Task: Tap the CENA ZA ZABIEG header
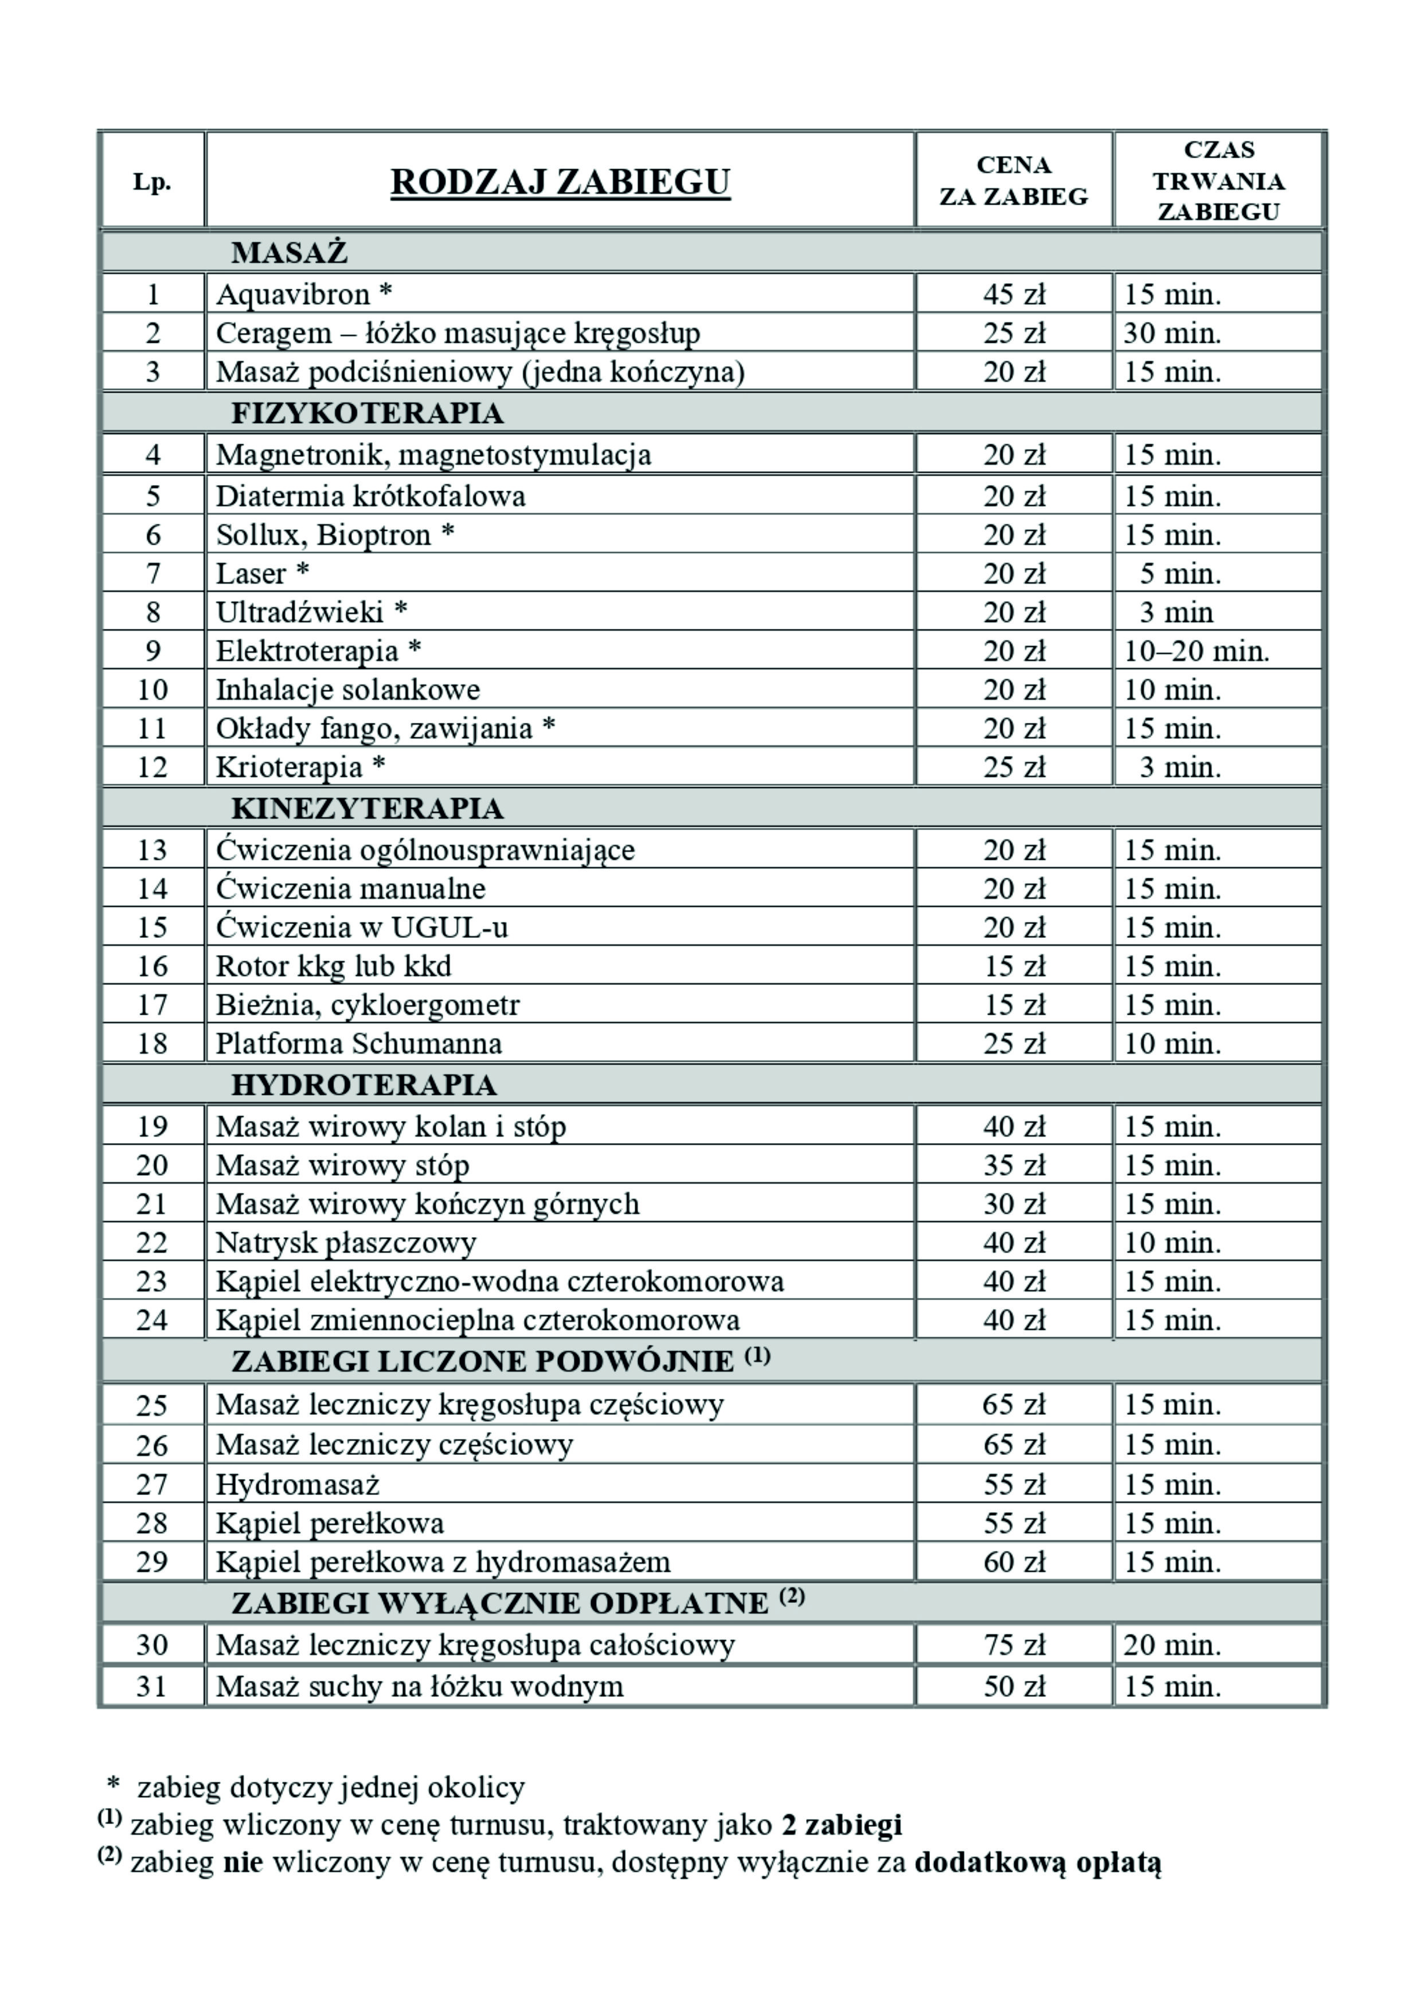point(1014,181)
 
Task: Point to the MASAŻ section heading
point(289,252)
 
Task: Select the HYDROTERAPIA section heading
point(363,1085)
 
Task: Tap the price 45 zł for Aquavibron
point(1014,294)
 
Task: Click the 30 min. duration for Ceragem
point(1172,333)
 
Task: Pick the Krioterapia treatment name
point(289,767)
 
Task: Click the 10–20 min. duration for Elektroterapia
point(1196,651)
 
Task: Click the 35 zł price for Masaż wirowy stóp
point(1014,1165)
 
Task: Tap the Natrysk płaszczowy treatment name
point(346,1242)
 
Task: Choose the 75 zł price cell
point(1014,1645)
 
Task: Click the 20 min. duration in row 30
point(1172,1645)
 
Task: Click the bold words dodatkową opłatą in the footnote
point(1038,1862)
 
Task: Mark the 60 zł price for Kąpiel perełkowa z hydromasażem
point(1014,1562)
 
